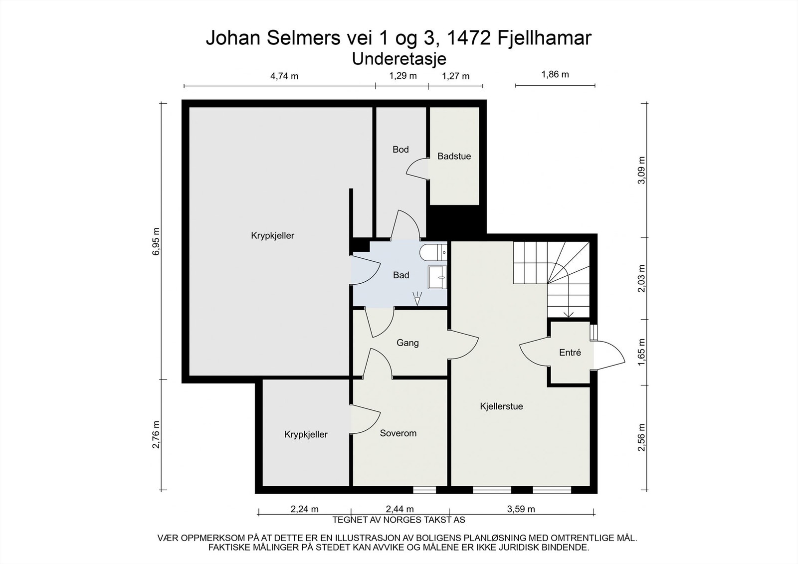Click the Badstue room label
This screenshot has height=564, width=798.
click(x=454, y=156)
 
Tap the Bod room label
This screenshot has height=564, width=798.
click(x=400, y=149)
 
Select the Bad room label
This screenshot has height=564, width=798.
click(x=401, y=275)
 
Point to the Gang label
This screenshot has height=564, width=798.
click(x=407, y=343)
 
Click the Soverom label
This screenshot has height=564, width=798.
click(x=398, y=433)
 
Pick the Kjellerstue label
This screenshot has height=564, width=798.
click(x=501, y=406)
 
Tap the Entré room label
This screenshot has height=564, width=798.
click(x=570, y=353)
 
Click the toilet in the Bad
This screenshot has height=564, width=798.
click(x=433, y=253)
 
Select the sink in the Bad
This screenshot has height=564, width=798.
click(x=437, y=277)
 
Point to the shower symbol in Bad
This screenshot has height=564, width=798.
click(x=417, y=299)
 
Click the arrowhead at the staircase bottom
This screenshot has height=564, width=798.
click(x=569, y=314)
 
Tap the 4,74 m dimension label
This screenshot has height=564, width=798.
click(x=284, y=76)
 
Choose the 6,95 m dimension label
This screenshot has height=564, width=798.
click(x=156, y=241)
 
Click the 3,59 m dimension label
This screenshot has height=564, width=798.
click(x=521, y=509)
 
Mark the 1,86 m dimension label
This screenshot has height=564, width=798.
click(x=555, y=74)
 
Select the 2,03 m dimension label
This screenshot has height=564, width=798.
click(x=641, y=278)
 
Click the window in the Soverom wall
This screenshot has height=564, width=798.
click(x=424, y=490)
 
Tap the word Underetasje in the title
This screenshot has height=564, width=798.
click(x=399, y=59)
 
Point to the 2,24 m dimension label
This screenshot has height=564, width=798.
click(x=305, y=509)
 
